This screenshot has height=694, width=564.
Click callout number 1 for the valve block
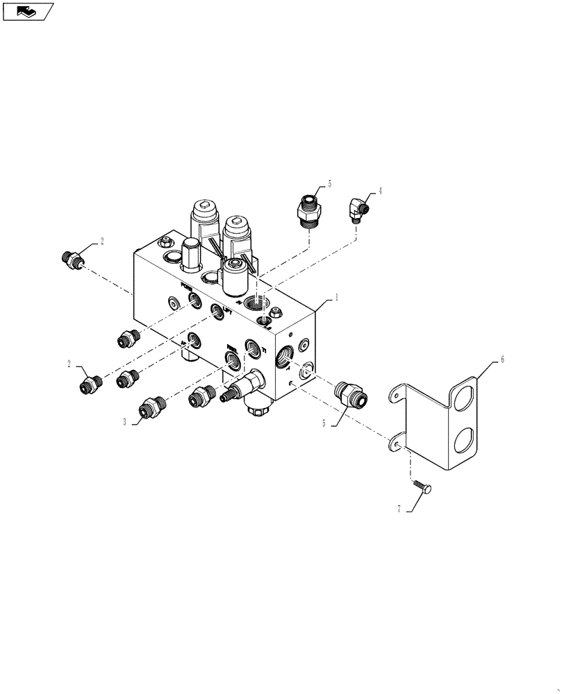click(x=336, y=297)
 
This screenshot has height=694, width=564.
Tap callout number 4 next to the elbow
click(x=380, y=190)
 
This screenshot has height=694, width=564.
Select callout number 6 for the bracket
click(x=501, y=361)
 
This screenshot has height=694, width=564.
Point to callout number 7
click(x=400, y=510)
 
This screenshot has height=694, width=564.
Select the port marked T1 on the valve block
click(x=253, y=347)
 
